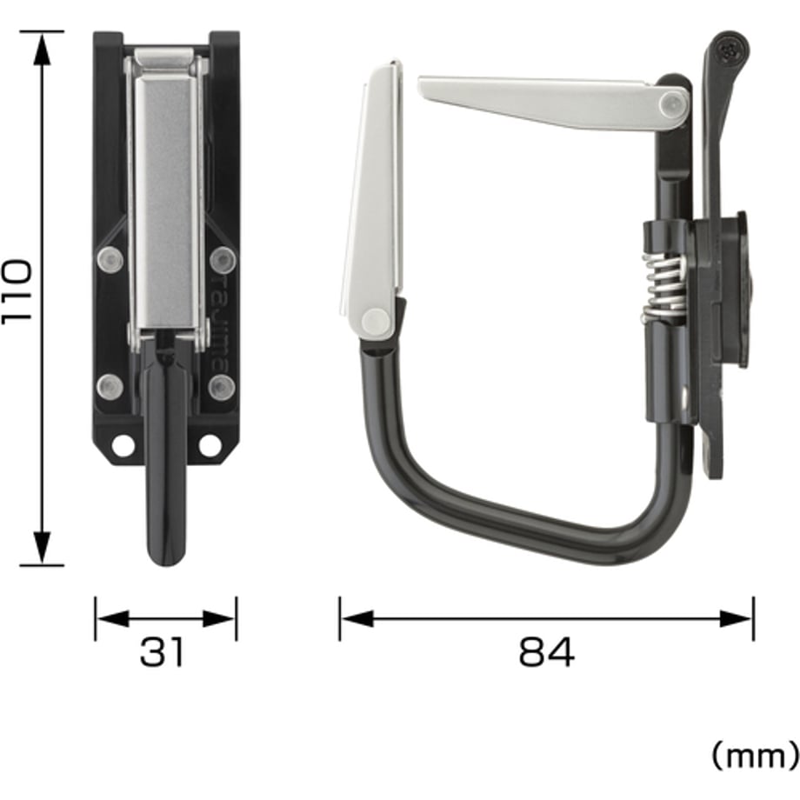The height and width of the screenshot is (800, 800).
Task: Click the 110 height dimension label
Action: (17, 291)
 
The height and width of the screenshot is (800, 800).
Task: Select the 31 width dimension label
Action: (162, 652)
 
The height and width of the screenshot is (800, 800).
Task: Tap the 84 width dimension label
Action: (546, 652)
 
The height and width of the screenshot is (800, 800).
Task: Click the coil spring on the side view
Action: (663, 289)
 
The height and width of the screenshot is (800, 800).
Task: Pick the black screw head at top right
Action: (728, 50)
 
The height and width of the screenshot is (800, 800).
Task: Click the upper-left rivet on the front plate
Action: (110, 260)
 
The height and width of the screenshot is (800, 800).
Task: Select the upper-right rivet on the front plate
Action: (223, 260)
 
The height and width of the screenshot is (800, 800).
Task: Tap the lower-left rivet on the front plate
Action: (110, 387)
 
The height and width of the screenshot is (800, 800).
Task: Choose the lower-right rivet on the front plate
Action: (222, 387)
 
